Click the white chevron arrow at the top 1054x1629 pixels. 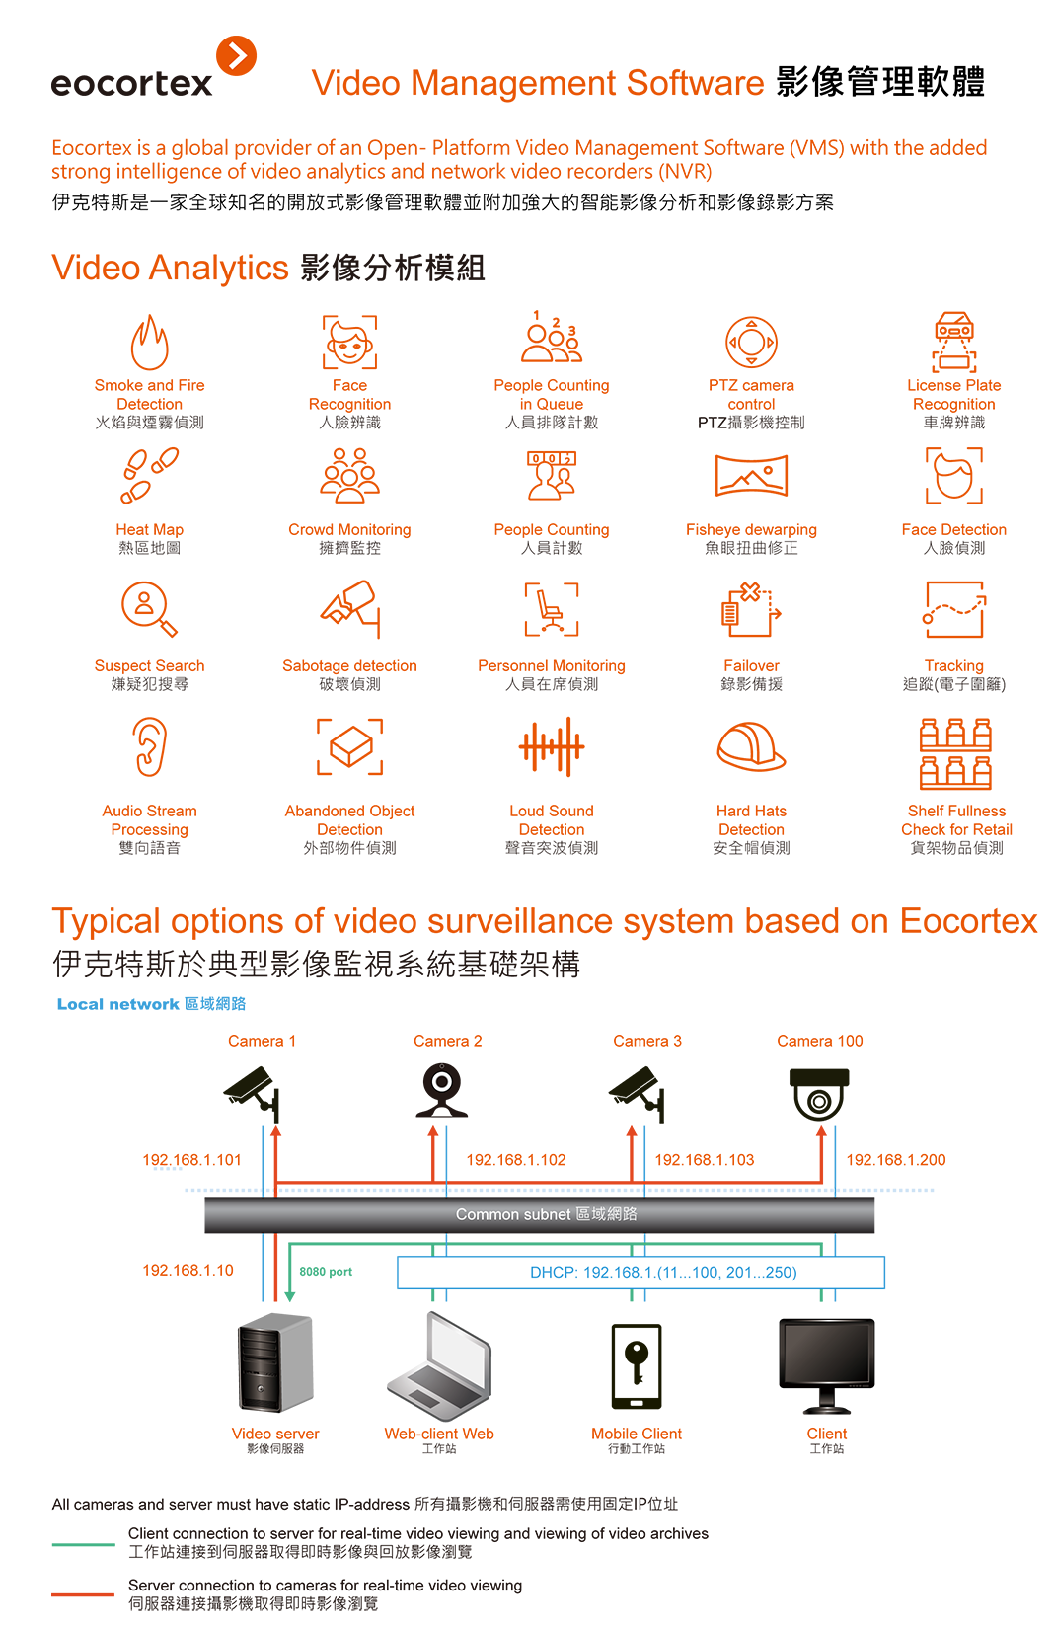pos(238,56)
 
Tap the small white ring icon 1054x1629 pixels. pos(442,1081)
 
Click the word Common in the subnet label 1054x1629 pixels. pos(484,1214)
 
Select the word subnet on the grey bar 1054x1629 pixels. pos(548,1214)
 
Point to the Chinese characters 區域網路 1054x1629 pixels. pos(607,1214)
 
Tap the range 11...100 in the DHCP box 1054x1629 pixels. pos(691,1273)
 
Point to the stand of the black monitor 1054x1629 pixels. pos(826,1405)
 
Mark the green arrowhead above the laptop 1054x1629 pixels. pos(431,1297)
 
